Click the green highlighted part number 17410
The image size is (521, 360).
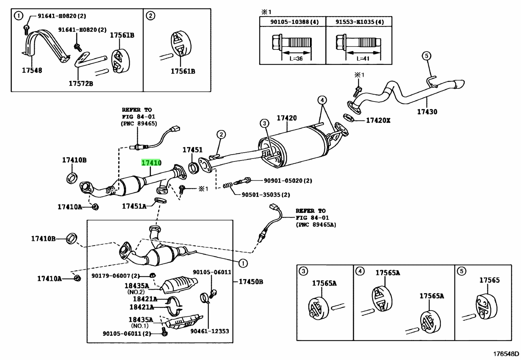pos(151,163)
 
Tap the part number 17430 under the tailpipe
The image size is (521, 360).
pos(427,112)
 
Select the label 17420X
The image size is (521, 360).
pos(378,121)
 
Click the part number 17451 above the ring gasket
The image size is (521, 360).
pos(192,150)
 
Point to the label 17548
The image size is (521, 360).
pos(32,70)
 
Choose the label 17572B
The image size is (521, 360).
pos(81,83)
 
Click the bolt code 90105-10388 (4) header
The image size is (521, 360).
pos(294,22)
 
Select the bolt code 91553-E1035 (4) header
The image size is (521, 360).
pos(359,22)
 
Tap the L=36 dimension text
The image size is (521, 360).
pos(296,58)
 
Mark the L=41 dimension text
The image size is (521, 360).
pos(363,58)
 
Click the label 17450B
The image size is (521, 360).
pos(251,282)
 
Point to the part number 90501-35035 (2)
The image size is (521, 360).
pos(266,195)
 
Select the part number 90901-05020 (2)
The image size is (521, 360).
pos(288,181)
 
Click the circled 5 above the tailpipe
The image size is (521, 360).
pos(426,56)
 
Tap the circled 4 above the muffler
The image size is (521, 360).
pos(322,100)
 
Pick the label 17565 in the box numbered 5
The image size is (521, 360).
pos(489,280)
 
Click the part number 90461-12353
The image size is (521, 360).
pos(209,331)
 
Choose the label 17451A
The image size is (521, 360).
pos(134,206)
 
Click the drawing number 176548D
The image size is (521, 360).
pos(506,354)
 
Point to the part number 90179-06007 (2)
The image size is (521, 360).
pos(116,276)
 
